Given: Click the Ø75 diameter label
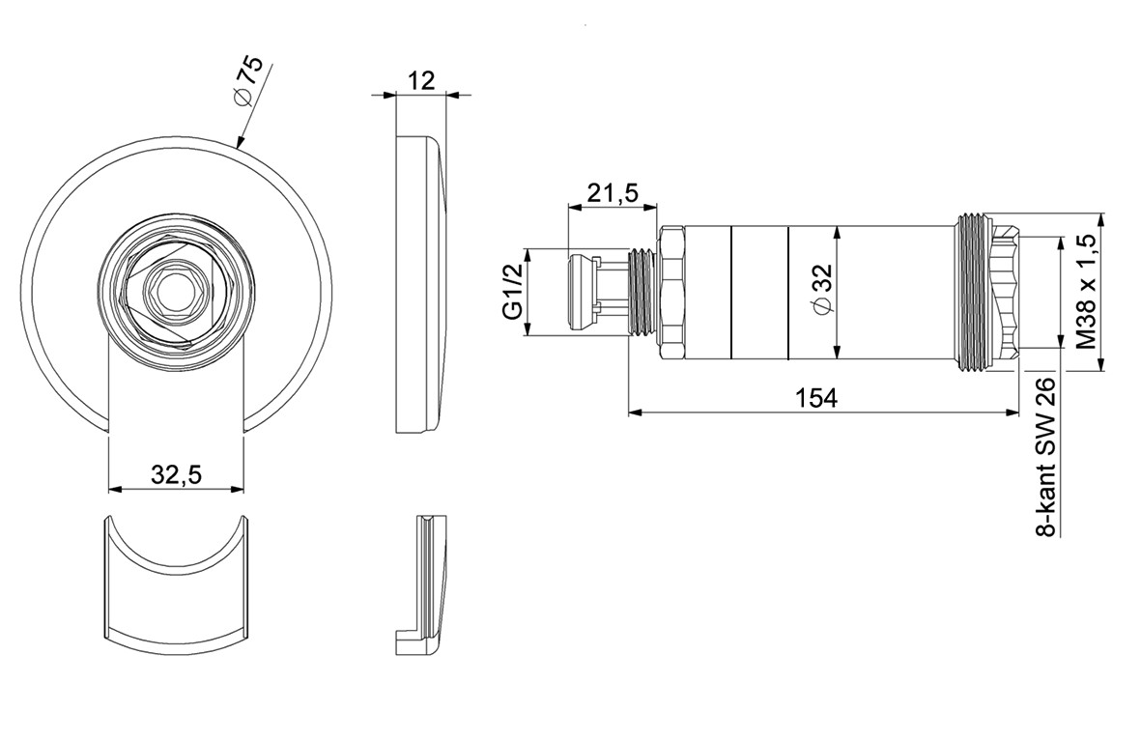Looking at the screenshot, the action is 248,81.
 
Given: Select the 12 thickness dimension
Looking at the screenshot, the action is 421,80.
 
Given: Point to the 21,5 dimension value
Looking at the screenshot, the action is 613,193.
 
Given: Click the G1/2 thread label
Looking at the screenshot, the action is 513,293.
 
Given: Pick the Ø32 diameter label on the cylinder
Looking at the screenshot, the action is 821,291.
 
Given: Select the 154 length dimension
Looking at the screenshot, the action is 815,398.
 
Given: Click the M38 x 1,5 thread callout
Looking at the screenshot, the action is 1087,291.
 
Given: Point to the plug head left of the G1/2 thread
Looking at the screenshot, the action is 580,292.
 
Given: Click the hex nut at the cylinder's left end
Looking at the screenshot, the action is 670,293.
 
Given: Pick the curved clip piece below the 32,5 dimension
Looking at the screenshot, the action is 176,583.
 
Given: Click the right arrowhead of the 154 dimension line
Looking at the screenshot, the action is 1013,413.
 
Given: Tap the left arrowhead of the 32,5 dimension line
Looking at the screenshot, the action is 115,489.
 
